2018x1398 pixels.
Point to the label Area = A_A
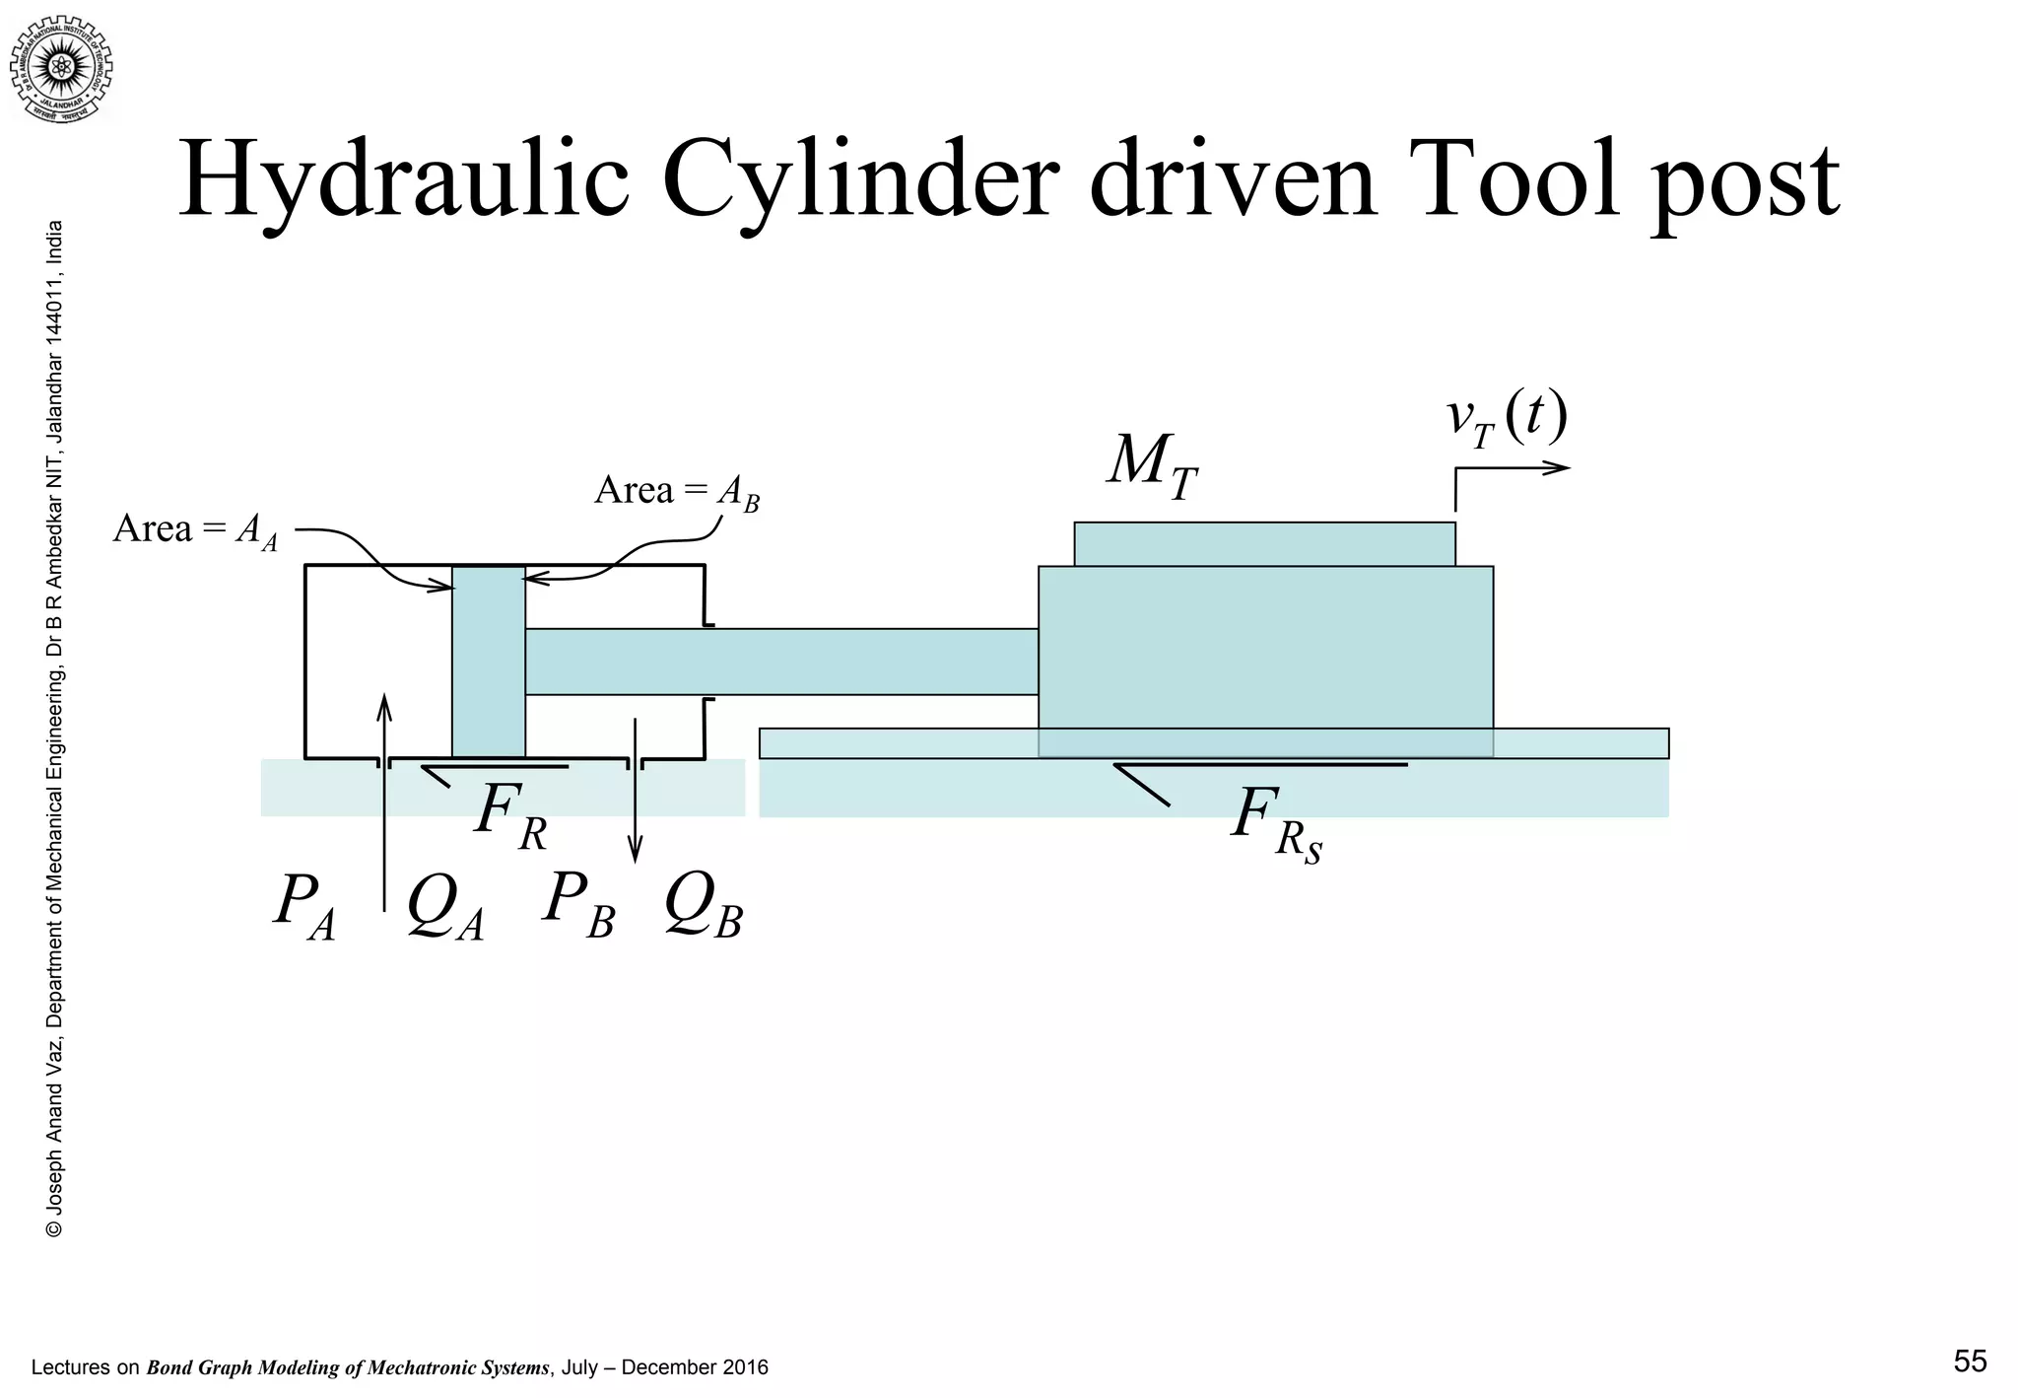(x=195, y=530)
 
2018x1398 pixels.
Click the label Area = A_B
(x=677, y=491)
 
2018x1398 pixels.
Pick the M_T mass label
(x=1151, y=463)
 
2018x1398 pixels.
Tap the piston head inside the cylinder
(x=489, y=661)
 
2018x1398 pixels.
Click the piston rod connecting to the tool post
(x=780, y=662)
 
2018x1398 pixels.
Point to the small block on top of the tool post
(x=1264, y=544)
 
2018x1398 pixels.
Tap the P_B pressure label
(x=578, y=902)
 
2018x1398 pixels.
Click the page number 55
(x=1970, y=1362)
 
